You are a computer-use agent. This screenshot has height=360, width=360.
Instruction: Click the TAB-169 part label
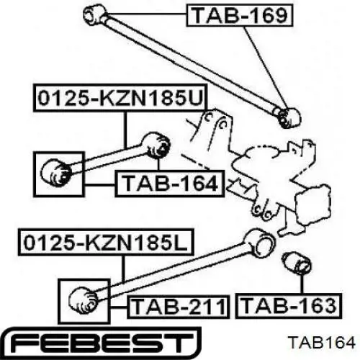[x=240, y=15]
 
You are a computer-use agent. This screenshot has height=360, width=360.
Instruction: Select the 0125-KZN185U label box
[x=120, y=98]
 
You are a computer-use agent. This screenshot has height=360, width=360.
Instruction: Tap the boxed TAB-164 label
[x=170, y=184]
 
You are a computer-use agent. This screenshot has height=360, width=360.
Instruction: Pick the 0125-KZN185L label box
[x=106, y=242]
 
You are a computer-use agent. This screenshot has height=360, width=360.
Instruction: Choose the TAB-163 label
[x=289, y=306]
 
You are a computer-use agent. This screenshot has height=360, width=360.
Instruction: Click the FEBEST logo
[x=101, y=343]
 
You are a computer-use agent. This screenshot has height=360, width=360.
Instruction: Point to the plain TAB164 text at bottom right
[x=322, y=343]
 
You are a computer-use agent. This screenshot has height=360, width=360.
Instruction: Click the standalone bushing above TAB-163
[x=296, y=263]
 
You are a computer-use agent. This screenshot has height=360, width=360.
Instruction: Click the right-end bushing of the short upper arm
[x=156, y=145]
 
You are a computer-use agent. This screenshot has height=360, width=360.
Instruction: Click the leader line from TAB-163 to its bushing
[x=302, y=283]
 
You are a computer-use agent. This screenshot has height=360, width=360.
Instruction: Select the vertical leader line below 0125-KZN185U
[x=125, y=130]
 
